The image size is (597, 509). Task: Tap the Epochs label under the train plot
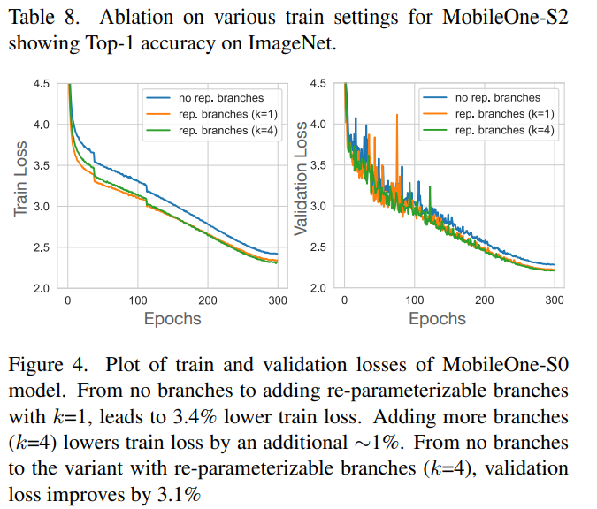coord(173,319)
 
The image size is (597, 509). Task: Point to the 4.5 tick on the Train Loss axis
coord(42,84)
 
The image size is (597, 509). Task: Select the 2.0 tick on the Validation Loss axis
coord(318,288)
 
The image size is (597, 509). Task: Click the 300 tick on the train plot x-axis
coord(278,300)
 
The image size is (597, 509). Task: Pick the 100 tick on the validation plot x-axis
coord(414,300)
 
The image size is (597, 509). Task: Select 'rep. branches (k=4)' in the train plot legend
coord(222,130)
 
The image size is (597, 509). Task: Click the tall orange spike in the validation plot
coord(398,119)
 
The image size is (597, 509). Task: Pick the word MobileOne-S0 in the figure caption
coord(512,365)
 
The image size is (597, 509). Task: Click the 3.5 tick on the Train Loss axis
coord(42,166)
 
